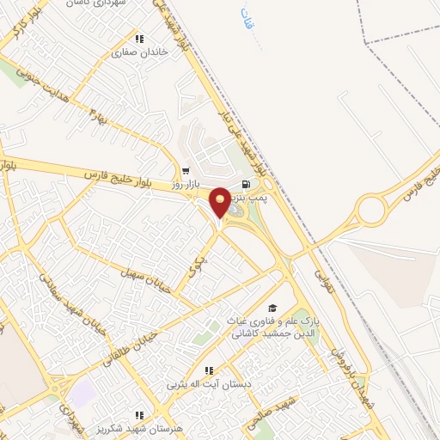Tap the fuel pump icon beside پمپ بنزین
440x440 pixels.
pos(247,185)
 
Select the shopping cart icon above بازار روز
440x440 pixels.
pos(185,171)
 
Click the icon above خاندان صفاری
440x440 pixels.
pos(138,38)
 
